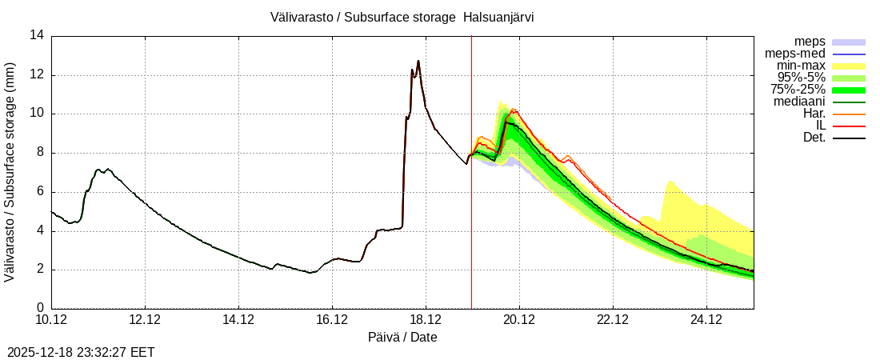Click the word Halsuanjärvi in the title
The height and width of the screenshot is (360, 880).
[498, 16]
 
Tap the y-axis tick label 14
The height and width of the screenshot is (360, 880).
[37, 35]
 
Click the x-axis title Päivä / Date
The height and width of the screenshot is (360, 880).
[402, 337]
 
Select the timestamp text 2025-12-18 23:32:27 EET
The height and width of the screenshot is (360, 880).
[81, 352]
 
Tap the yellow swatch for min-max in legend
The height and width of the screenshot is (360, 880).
[849, 66]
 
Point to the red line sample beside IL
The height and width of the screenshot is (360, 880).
[849, 126]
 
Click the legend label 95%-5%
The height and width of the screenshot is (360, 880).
[801, 78]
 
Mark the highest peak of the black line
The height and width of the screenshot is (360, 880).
[418, 61]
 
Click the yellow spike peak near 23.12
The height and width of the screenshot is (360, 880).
[668, 182]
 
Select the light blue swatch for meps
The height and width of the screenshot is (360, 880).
[849, 42]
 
